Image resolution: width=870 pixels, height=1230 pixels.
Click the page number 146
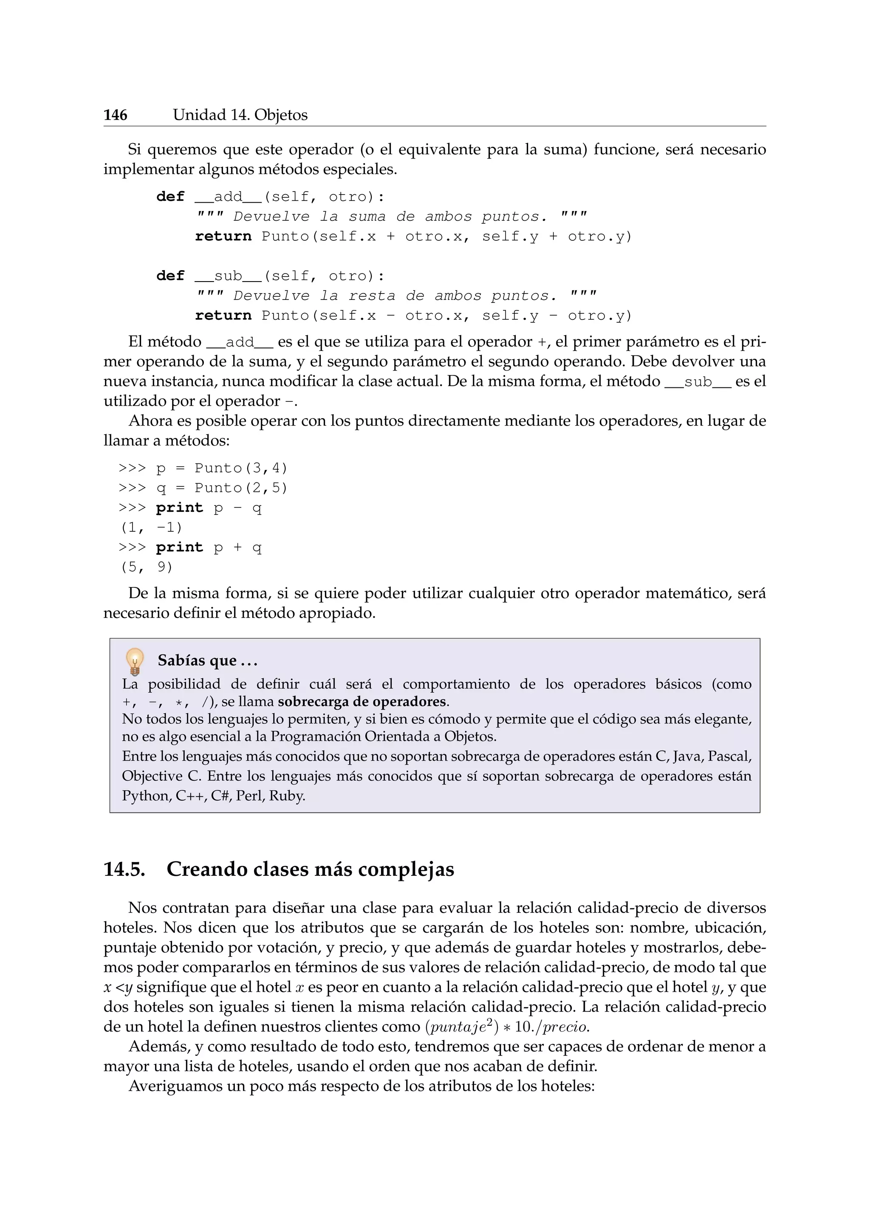click(115, 115)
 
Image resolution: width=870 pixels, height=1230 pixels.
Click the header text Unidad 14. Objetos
click(240, 115)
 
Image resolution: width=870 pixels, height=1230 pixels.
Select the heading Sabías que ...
click(207, 661)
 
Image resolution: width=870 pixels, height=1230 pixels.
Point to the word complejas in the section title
click(406, 870)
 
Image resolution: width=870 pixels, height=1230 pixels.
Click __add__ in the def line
click(228, 197)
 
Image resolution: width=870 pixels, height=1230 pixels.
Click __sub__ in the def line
click(228, 276)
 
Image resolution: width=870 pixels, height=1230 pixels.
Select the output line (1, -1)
click(152, 528)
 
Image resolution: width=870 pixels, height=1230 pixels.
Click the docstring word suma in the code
click(367, 217)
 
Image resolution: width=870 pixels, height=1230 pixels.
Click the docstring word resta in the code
click(372, 296)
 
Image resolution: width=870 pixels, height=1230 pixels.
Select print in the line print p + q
click(179, 547)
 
